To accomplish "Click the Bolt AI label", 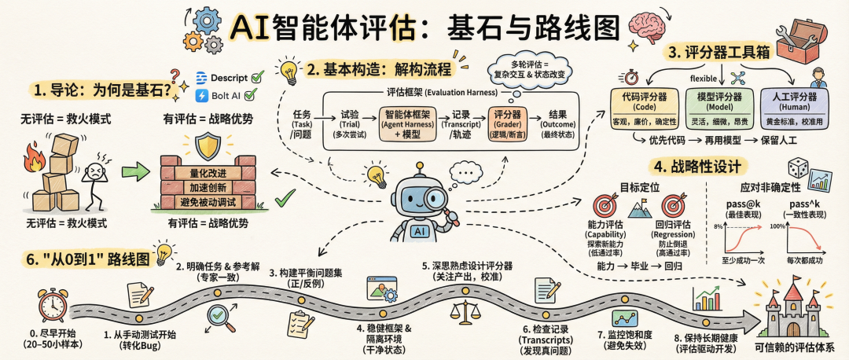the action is [221, 96].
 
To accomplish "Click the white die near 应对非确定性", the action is [798, 167].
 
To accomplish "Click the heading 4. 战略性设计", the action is [696, 167].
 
